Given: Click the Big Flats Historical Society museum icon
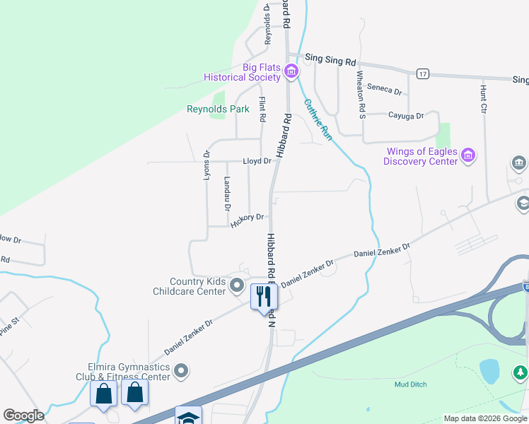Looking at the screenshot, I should click(291, 71).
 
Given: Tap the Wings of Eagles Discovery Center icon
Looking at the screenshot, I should click(467, 155).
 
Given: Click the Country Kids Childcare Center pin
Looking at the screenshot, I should click(237, 286).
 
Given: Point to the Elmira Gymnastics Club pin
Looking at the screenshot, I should click(182, 370).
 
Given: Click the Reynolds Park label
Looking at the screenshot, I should click(218, 109).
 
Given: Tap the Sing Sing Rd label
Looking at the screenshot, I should click(330, 61).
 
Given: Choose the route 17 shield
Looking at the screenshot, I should click(423, 73).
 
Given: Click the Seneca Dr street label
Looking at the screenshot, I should click(388, 92).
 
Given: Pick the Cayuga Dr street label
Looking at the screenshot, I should click(405, 115).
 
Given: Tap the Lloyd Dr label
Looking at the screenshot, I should click(257, 161).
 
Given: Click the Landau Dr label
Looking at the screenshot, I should click(227, 192).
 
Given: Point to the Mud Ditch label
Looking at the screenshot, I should click(410, 384).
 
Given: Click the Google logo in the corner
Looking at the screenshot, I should click(23, 416).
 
